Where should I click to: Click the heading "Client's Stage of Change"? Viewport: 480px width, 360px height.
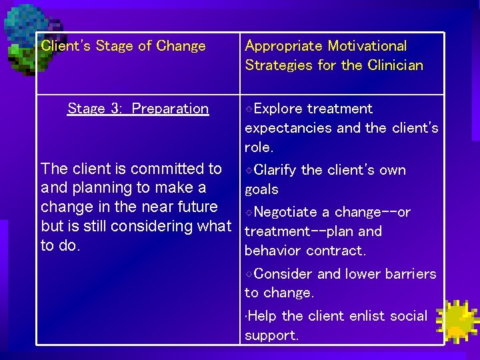click(x=123, y=46)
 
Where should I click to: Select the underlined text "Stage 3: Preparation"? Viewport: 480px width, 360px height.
click(x=138, y=109)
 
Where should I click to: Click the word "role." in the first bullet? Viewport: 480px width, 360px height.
click(x=259, y=147)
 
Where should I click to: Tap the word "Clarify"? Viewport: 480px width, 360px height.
click(x=276, y=170)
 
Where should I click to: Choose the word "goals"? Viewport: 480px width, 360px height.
click(x=262, y=189)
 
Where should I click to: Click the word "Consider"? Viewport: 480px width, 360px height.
click(x=283, y=274)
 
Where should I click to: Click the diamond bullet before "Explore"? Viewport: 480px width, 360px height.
click(x=249, y=109)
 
